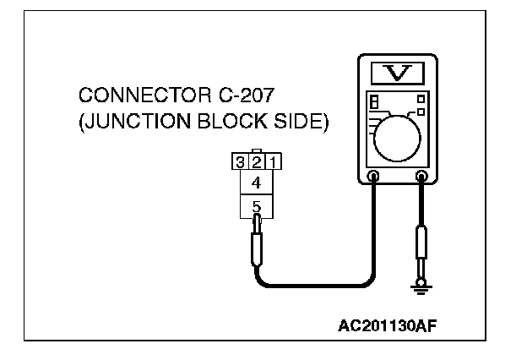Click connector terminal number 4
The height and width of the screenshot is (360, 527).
click(x=258, y=182)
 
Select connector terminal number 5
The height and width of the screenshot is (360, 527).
click(x=258, y=205)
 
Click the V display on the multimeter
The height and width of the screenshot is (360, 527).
click(x=397, y=73)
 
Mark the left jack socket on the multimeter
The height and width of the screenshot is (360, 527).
click(x=372, y=177)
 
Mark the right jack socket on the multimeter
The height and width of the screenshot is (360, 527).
click(x=421, y=177)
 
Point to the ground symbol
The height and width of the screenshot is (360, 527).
click(x=421, y=290)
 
